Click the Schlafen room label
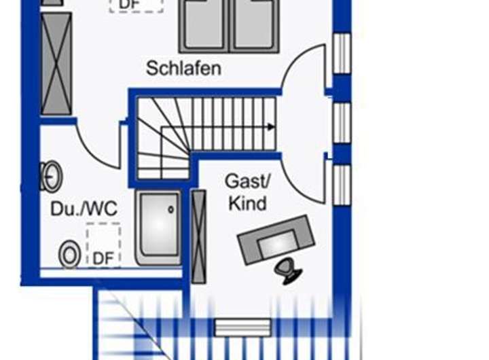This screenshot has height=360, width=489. click(183, 69)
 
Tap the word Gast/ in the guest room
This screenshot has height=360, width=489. click(248, 181)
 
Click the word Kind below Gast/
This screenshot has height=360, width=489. click(247, 203)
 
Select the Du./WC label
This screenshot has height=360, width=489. click(84, 209)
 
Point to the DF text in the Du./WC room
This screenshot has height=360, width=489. click(103, 258)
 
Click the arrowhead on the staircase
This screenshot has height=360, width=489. click(271, 126)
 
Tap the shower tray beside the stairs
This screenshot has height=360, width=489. click(159, 227)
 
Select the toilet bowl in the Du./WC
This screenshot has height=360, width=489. click(69, 255)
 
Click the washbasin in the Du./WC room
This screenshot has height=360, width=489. click(51, 177)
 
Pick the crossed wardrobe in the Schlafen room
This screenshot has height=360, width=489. click(56, 64)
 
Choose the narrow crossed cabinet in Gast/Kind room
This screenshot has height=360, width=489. click(198, 236)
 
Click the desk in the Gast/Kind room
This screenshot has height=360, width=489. click(276, 240)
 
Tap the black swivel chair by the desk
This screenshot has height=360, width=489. click(289, 271)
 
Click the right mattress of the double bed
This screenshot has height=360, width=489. click(255, 26)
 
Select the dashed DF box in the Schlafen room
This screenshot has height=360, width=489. click(136, 5)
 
